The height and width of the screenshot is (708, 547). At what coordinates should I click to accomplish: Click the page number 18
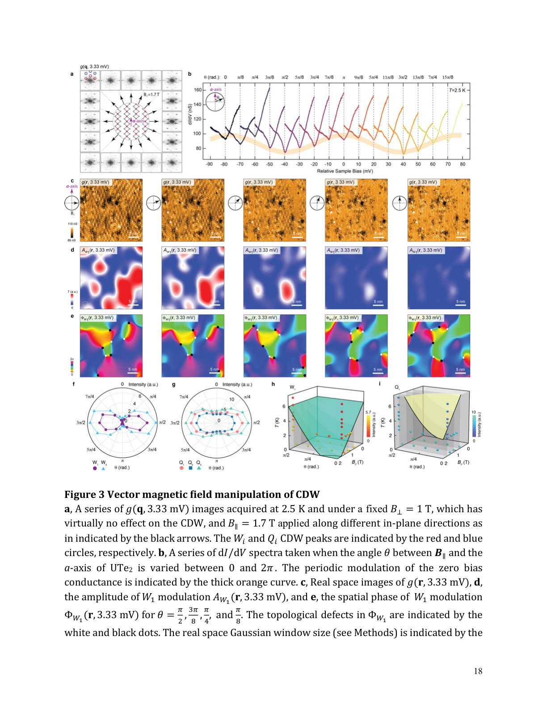[x=478, y=671]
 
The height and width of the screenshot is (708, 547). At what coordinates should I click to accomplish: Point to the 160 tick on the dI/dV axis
[x=197, y=90]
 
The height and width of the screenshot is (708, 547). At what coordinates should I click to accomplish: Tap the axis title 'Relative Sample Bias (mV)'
[x=345, y=171]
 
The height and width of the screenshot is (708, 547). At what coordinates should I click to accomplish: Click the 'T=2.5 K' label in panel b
[x=457, y=90]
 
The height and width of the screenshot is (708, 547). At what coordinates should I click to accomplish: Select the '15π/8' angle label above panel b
[x=447, y=77]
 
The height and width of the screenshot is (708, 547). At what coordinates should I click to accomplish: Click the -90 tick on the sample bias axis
[x=209, y=164]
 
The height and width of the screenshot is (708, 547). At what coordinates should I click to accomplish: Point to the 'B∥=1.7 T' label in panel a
[x=151, y=94]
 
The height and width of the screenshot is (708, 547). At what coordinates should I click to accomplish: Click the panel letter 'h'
[x=273, y=384]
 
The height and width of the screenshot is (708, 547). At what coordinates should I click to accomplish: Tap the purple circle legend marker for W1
[x=95, y=468]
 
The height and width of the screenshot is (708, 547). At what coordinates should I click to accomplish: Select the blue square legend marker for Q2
[x=190, y=468]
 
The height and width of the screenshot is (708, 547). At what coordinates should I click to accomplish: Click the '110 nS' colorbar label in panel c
[x=72, y=223]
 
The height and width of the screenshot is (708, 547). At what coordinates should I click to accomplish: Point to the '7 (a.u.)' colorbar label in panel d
[x=72, y=292]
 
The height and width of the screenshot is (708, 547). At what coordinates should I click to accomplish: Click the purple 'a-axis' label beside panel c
[x=72, y=186]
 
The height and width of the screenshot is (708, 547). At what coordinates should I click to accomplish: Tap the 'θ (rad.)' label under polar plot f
[x=122, y=468]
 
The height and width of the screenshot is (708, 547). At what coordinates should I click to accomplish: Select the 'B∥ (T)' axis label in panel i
[x=463, y=462]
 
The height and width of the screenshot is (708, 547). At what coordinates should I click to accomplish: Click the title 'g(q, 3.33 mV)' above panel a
[x=94, y=67]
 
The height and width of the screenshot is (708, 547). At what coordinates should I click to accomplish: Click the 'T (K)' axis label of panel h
[x=277, y=422]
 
